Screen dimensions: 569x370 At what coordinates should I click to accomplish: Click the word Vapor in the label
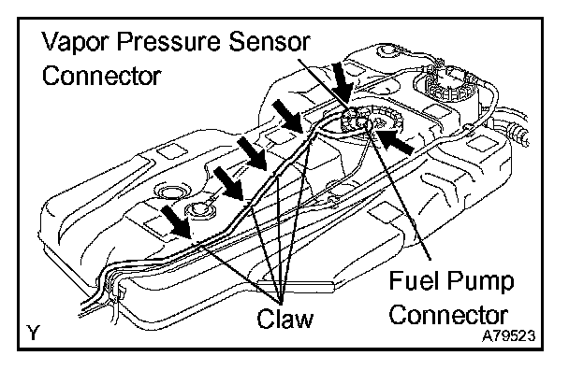click(76, 42)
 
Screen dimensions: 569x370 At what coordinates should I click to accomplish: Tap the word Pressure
click(168, 42)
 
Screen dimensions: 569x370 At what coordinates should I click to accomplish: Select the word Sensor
click(269, 42)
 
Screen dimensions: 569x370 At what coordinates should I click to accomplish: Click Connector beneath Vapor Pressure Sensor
click(102, 76)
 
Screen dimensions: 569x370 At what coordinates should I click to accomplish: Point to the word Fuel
click(413, 280)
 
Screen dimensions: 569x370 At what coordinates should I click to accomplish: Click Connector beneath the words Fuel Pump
click(448, 315)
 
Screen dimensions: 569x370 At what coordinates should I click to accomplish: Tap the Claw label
click(284, 319)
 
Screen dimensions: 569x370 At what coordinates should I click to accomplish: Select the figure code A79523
click(508, 336)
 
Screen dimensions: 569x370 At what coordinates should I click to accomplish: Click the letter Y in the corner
click(33, 333)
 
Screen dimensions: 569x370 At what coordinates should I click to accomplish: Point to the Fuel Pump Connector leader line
click(401, 192)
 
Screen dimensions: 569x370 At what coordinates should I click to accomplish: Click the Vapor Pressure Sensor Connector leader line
click(324, 85)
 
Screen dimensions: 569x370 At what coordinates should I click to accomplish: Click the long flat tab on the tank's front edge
click(296, 286)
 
